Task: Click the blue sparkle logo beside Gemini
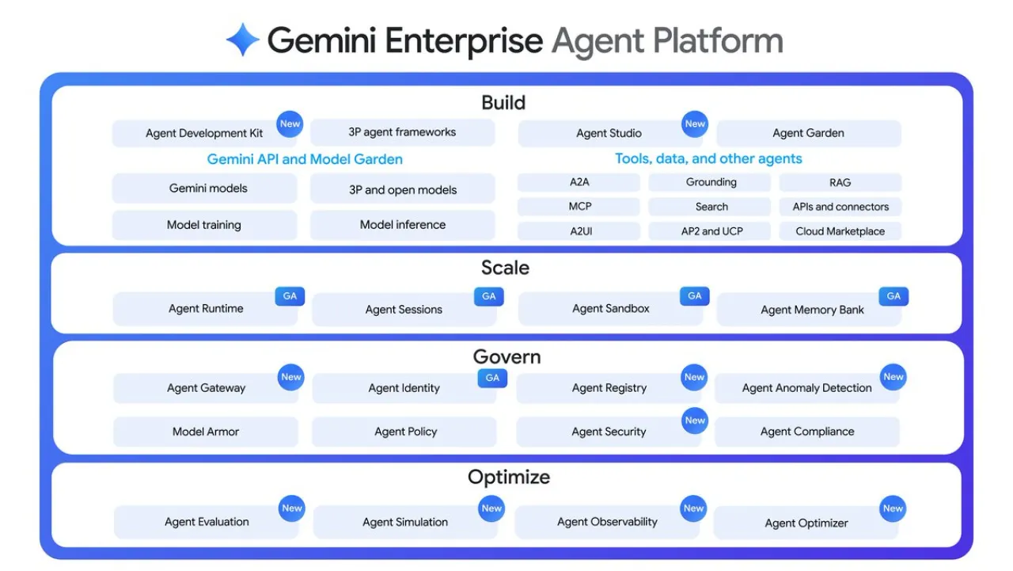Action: pos(243,40)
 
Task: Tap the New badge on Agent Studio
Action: pos(695,124)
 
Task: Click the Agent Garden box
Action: pos(808,133)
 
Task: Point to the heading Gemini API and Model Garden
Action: pos(305,159)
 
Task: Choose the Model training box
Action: pos(204,225)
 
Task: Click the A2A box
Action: pos(579,182)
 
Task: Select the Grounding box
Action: pos(710,182)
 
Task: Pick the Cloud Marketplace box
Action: pos(840,231)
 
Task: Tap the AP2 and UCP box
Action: pos(710,231)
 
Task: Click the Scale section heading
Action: pos(505,268)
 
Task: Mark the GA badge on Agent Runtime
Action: pos(290,296)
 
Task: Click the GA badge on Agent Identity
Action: pos(492,378)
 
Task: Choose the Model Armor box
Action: pos(206,432)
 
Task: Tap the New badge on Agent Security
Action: pos(695,421)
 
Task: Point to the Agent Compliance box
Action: pos(806,432)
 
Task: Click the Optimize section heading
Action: pos(508,477)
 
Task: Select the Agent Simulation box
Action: pos(404,522)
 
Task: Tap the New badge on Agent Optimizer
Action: pos(893,508)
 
